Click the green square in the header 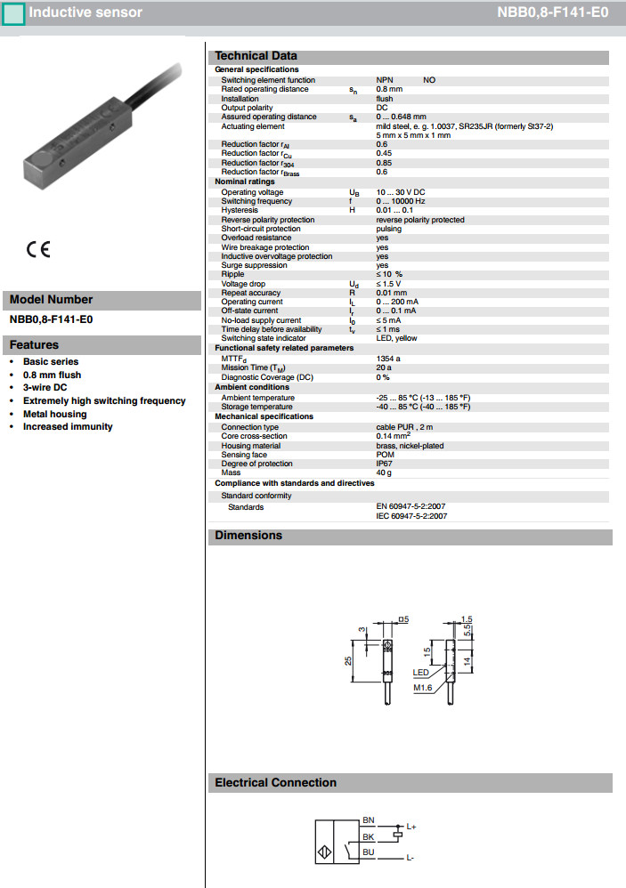[13, 13]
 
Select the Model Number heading [51, 300]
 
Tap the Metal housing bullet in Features [55, 414]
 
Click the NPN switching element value [384, 80]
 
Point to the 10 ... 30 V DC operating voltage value [401, 192]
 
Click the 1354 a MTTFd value [388, 358]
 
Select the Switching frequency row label [257, 201]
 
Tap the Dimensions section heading [248, 536]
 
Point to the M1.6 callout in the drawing [422, 688]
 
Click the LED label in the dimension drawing [421, 673]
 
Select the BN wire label [369, 819]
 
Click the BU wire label [369, 852]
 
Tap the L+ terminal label [411, 827]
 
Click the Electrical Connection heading [275, 783]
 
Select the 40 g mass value [383, 472]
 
